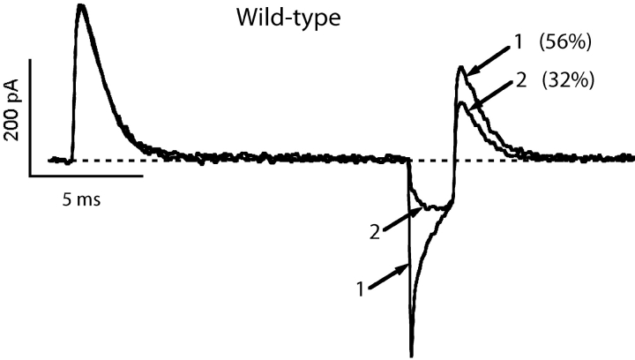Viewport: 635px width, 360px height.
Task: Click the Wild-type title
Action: click(x=288, y=19)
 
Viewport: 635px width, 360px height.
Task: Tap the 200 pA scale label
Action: click(x=13, y=110)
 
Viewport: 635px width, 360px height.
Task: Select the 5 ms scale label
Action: click(x=81, y=199)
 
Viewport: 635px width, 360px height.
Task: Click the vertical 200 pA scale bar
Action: click(x=30, y=117)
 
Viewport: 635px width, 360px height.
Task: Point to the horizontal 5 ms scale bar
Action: click(x=86, y=176)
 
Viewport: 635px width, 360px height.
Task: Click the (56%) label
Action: click(x=565, y=42)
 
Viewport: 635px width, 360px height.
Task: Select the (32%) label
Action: click(x=568, y=80)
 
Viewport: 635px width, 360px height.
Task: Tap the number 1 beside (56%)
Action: click(x=519, y=42)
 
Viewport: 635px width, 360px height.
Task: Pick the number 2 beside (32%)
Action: click(x=521, y=80)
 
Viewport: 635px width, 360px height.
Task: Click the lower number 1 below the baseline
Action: click(x=360, y=289)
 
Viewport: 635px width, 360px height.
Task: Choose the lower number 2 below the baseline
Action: click(x=375, y=233)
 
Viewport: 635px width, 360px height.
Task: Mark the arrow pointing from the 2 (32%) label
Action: click(x=491, y=94)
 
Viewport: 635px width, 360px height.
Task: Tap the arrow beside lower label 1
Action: click(x=389, y=276)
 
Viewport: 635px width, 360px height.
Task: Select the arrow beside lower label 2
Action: click(x=403, y=219)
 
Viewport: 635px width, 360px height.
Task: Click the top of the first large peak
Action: click(x=81, y=5)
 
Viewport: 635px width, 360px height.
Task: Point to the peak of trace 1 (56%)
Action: click(x=460, y=66)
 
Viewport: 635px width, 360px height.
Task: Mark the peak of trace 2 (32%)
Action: click(x=461, y=103)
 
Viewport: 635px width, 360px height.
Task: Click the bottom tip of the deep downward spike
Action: click(x=412, y=356)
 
